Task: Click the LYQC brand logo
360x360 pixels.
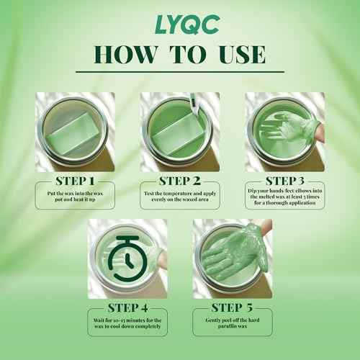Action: (x=187, y=24)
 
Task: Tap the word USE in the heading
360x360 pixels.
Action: (x=242, y=55)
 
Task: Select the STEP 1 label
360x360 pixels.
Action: (x=75, y=181)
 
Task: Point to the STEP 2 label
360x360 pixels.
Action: (x=180, y=181)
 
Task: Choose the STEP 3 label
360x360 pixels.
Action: (x=284, y=181)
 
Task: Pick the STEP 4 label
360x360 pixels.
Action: (x=127, y=308)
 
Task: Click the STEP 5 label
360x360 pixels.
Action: (x=232, y=307)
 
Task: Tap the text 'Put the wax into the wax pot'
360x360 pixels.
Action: (x=75, y=197)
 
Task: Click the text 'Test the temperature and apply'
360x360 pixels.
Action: (x=180, y=194)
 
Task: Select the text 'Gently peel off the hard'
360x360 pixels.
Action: (x=233, y=320)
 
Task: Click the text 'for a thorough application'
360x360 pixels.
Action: (x=285, y=203)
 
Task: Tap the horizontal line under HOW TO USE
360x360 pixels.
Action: (x=180, y=71)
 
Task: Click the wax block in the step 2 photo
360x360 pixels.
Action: (x=178, y=138)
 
